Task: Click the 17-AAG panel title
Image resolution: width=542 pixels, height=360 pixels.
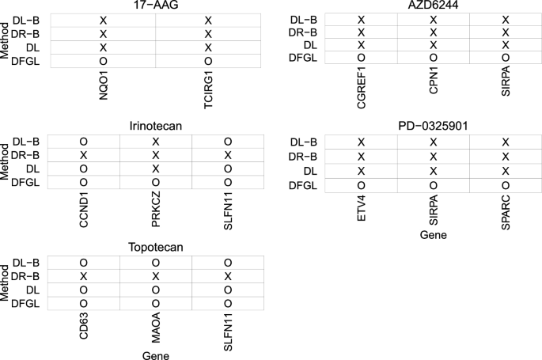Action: tap(156, 6)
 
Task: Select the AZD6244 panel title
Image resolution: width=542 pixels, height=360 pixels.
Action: tap(433, 6)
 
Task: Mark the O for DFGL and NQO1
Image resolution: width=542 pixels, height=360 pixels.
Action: tap(104, 61)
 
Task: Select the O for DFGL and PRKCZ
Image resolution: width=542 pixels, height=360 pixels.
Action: tap(156, 183)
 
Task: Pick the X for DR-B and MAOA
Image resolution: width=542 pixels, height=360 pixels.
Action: tap(156, 276)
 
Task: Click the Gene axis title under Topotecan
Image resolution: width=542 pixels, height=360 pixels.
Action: tap(156, 354)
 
